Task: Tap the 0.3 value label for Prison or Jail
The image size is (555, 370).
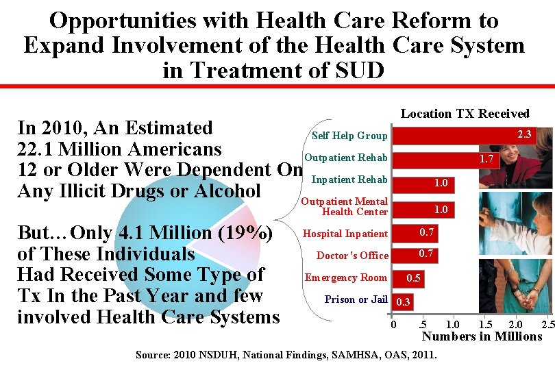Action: click(404, 300)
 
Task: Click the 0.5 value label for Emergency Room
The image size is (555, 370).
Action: click(414, 278)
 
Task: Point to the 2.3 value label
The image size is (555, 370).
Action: click(524, 134)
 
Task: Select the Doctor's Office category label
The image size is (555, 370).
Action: click(352, 256)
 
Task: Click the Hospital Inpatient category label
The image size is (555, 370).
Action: click(345, 234)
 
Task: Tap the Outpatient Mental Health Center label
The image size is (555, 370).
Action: click(345, 206)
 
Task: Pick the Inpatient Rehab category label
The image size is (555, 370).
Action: click(349, 180)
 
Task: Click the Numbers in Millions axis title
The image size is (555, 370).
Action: click(482, 336)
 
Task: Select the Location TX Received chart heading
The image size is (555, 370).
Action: click(465, 114)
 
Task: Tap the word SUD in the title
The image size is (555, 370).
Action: click(356, 70)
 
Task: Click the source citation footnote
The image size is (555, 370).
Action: click(286, 354)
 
